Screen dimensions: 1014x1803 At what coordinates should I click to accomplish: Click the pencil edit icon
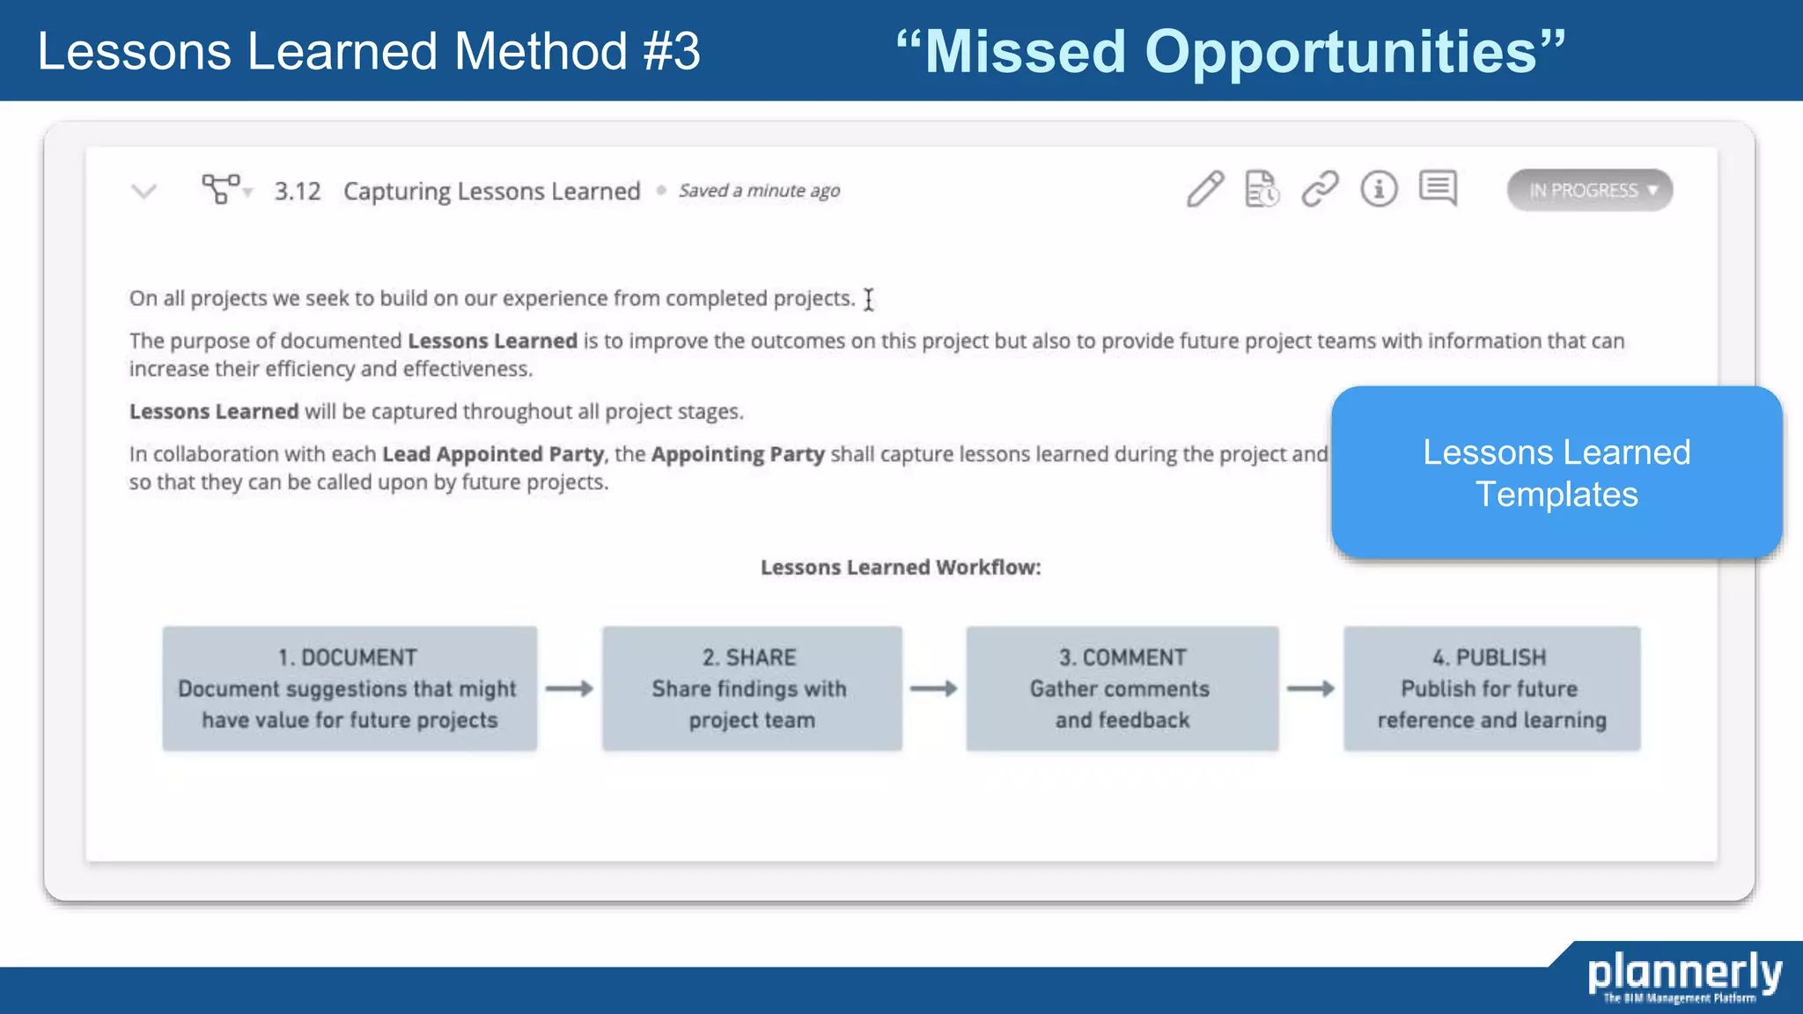pyautogui.click(x=1204, y=189)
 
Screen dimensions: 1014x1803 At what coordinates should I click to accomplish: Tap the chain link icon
pyautogui.click(x=1320, y=189)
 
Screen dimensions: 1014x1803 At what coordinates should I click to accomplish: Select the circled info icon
pyautogui.click(x=1379, y=189)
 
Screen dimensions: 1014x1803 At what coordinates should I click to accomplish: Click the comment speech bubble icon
pyautogui.click(x=1438, y=188)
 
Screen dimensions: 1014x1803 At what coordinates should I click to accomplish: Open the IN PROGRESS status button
pyautogui.click(x=1589, y=190)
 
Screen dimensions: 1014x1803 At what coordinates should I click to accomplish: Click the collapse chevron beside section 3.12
pyautogui.click(x=144, y=191)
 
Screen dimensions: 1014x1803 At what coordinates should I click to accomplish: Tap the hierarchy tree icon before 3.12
pyautogui.click(x=222, y=189)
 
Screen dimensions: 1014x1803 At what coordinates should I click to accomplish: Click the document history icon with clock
pyautogui.click(x=1262, y=189)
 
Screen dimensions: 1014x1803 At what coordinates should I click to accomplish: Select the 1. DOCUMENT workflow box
pyautogui.click(x=350, y=688)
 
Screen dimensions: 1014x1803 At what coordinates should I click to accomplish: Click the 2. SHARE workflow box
pyautogui.click(x=752, y=688)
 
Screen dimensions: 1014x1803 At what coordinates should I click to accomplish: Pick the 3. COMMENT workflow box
pyautogui.click(x=1122, y=688)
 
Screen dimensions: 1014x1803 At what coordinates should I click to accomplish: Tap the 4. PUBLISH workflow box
pyautogui.click(x=1491, y=688)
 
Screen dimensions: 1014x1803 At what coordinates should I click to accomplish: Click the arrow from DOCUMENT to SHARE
pyautogui.click(x=570, y=688)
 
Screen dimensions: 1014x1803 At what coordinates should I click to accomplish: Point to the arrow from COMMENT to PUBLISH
pyautogui.click(x=1311, y=688)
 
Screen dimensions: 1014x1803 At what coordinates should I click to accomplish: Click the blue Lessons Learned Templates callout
pyautogui.click(x=1556, y=473)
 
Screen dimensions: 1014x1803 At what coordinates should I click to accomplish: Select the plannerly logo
pyautogui.click(x=1683, y=975)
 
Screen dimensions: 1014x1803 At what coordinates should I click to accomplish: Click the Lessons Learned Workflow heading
pyautogui.click(x=901, y=568)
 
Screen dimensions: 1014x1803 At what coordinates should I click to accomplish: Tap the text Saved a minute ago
pyautogui.click(x=759, y=191)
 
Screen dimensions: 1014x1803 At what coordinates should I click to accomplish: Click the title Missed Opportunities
pyautogui.click(x=1231, y=51)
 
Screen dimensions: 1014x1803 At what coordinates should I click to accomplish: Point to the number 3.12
pyautogui.click(x=298, y=191)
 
